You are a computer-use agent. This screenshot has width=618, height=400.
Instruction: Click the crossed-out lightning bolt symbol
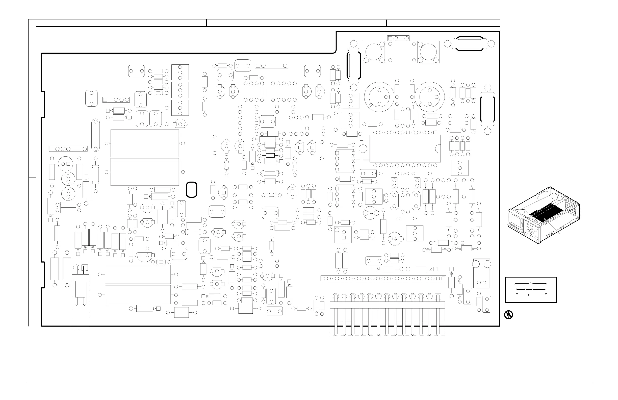point(508,315)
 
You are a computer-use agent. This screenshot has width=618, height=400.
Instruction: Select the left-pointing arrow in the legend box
point(517,293)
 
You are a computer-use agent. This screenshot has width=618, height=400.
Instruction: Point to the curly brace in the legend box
point(531,283)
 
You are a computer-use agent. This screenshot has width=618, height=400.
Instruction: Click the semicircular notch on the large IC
point(438,148)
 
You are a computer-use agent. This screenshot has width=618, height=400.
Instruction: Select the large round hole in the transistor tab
point(363,149)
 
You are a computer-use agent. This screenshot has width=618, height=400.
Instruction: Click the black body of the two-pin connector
point(81,278)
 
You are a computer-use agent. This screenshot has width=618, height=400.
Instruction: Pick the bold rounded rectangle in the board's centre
point(192,189)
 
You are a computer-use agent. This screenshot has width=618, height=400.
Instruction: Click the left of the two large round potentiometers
point(379,97)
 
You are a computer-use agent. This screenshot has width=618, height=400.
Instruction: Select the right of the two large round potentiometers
point(429,97)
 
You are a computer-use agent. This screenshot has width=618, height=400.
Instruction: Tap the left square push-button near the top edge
point(374,52)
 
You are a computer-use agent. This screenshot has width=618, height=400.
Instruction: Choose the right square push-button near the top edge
point(428,52)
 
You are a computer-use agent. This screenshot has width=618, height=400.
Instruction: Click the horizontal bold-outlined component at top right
point(470,44)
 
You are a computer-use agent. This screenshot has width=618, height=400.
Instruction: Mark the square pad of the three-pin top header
point(390,38)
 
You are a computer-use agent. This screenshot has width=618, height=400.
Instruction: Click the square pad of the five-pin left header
point(52,149)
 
